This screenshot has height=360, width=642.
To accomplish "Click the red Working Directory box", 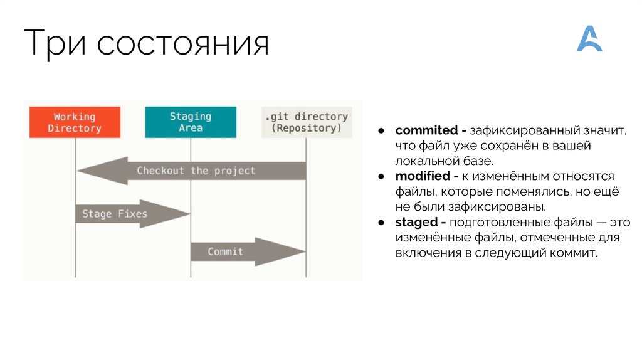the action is pyautogui.click(x=74, y=122).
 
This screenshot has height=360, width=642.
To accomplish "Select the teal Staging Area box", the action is pyautogui.click(x=190, y=122).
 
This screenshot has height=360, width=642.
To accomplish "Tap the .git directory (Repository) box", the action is pyautogui.click(x=306, y=122).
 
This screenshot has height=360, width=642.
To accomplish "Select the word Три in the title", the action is pyautogui.click(x=55, y=45).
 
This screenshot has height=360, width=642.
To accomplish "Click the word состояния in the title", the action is pyautogui.click(x=182, y=46).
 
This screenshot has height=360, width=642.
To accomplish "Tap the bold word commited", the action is pyautogui.click(x=426, y=130).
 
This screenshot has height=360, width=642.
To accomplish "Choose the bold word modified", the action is pyautogui.click(x=421, y=176).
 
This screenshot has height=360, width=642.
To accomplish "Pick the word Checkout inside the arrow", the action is pyautogui.click(x=160, y=171).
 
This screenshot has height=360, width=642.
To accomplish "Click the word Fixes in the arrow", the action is pyautogui.click(x=132, y=214).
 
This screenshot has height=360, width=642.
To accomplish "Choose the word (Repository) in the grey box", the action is pyautogui.click(x=307, y=129).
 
